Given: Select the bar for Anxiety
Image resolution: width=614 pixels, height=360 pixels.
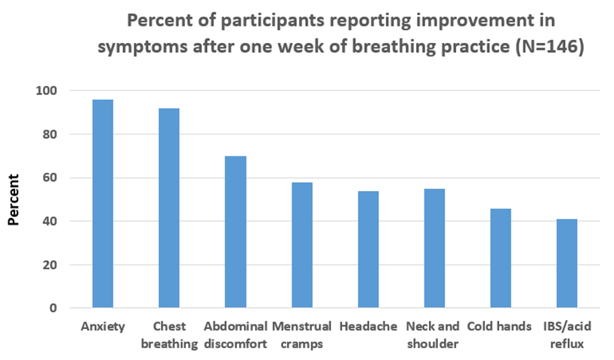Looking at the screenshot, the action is [x=103, y=204].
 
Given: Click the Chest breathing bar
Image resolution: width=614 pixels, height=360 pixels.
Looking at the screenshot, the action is [x=169, y=208].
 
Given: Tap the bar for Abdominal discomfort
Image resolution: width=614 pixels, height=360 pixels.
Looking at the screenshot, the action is [x=236, y=232].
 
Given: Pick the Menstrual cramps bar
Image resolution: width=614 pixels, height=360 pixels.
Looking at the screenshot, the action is [x=302, y=245].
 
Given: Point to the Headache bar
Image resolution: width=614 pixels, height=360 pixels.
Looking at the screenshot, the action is [x=368, y=249].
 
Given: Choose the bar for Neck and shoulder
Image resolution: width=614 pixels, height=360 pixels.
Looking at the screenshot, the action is [x=434, y=248].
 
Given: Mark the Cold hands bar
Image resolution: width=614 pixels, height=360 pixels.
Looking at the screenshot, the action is [x=501, y=258].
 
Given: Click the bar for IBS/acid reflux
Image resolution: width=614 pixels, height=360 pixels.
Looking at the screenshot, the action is [x=566, y=263].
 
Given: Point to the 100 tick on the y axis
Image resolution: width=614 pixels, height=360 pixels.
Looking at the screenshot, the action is [x=46, y=91].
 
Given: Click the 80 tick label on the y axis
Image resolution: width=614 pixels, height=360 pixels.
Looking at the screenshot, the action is [x=50, y=134].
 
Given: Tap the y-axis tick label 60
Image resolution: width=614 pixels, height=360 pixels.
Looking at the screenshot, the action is [x=50, y=177].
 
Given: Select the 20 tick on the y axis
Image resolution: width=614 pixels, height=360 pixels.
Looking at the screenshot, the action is [x=50, y=265].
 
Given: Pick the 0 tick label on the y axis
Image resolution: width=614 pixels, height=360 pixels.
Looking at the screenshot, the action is [x=54, y=309].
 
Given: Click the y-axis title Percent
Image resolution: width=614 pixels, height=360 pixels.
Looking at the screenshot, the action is [x=14, y=199].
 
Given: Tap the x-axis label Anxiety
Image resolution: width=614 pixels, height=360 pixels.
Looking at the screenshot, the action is [x=103, y=326].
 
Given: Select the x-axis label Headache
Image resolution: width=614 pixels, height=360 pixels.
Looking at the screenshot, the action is [x=368, y=326].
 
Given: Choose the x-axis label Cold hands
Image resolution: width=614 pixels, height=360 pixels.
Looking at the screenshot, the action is [x=499, y=326].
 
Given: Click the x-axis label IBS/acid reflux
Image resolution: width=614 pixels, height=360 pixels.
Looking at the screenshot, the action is [x=567, y=335].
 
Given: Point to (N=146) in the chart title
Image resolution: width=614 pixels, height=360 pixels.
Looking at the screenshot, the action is [x=550, y=47].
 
